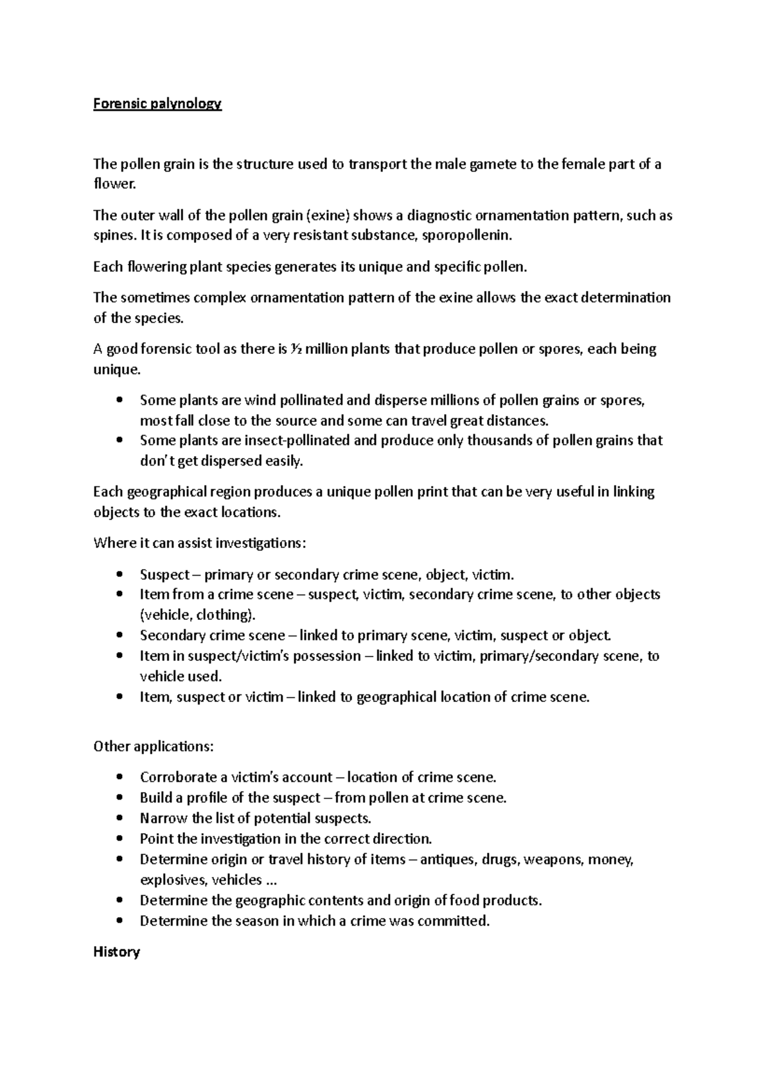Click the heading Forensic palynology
[157, 104]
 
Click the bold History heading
[116, 952]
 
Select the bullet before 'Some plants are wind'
[120, 401]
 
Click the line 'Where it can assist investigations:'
[200, 543]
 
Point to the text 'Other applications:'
[154, 746]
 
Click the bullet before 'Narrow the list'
[120, 819]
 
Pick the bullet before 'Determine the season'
[120, 921]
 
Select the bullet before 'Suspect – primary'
[120, 574]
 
